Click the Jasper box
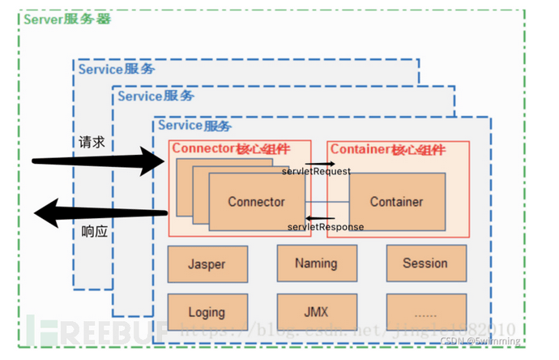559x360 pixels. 207,264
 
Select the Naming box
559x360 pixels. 316,263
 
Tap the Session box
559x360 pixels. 425,263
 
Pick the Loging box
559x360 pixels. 207,311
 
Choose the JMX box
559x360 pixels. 316,311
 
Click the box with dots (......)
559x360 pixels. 425,311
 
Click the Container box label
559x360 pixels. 397,201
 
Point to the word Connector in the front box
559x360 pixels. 256,202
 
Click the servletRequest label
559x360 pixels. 316,172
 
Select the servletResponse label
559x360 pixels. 325,226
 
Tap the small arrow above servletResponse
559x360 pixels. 321,217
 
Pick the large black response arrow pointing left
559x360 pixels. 97,214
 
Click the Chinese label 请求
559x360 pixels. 92,143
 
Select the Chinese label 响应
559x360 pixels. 94,232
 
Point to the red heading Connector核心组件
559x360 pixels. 229,148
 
